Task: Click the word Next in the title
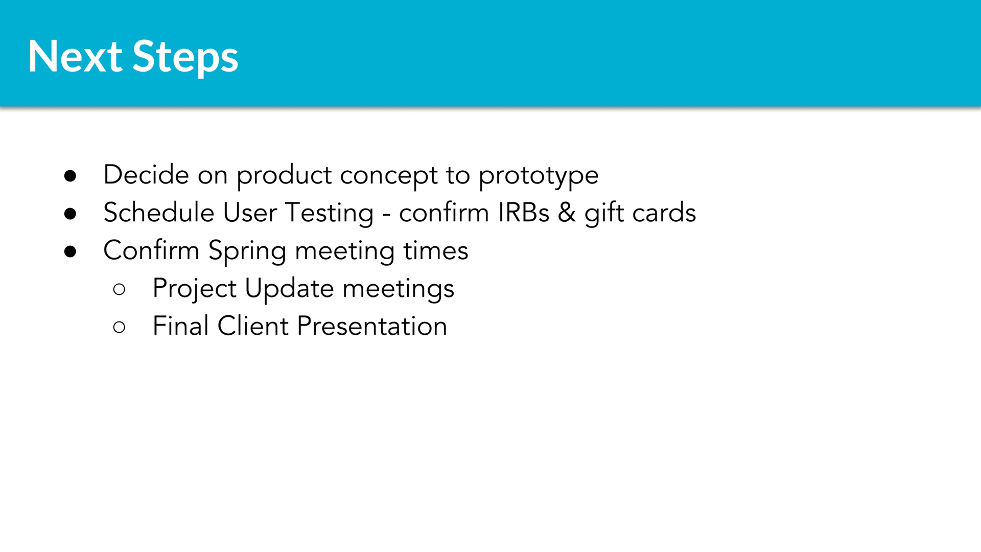pyautogui.click(x=75, y=56)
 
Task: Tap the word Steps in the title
pyautogui.click(x=185, y=58)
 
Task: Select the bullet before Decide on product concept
pyautogui.click(x=71, y=176)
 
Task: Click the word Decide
pyautogui.click(x=146, y=174)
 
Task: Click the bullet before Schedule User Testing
pyautogui.click(x=71, y=214)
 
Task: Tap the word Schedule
pyautogui.click(x=159, y=212)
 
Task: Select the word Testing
pyautogui.click(x=330, y=214)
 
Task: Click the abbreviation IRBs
pyautogui.click(x=524, y=213)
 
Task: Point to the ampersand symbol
pyautogui.click(x=567, y=213)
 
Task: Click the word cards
pyautogui.click(x=664, y=213)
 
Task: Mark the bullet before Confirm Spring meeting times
pyautogui.click(x=71, y=251)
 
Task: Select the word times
pyautogui.click(x=436, y=251)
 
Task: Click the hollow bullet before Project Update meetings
pyautogui.click(x=119, y=289)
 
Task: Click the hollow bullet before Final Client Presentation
pyautogui.click(x=119, y=327)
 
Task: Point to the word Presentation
pyautogui.click(x=372, y=326)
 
